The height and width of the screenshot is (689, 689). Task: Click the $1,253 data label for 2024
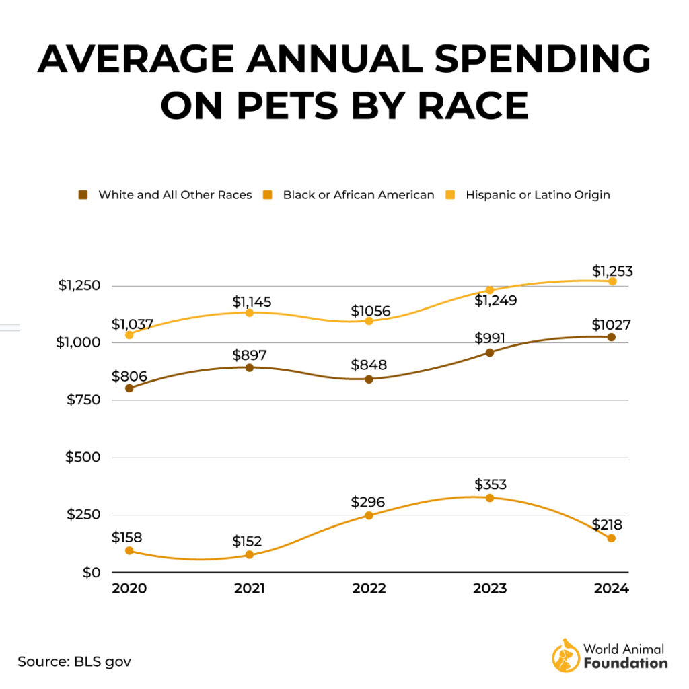[x=612, y=271]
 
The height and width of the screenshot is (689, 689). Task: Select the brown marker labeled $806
[x=129, y=388]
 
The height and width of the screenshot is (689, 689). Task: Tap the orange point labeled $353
[x=490, y=498]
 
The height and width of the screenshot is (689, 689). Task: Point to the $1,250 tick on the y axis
[x=79, y=285]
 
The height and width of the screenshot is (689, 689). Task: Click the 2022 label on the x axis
[x=369, y=589]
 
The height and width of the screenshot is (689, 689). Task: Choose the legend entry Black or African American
[x=358, y=195]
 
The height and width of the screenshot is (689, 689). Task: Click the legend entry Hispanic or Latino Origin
[x=537, y=195]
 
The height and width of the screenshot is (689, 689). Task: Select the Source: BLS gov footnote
[x=74, y=661]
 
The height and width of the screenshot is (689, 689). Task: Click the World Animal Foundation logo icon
[x=565, y=655]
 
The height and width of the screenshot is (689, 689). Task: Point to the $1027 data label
[x=612, y=326]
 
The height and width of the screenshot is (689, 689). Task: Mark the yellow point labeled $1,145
[x=250, y=313]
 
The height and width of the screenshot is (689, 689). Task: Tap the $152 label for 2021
[x=247, y=542]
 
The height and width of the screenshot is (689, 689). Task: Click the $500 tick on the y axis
[x=82, y=458]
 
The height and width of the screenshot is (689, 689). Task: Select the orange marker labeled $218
[x=611, y=538]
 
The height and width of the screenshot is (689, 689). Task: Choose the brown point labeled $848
[x=369, y=379]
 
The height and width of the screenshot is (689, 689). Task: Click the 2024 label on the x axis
[x=611, y=589]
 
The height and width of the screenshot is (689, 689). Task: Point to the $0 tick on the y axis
[x=91, y=573]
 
